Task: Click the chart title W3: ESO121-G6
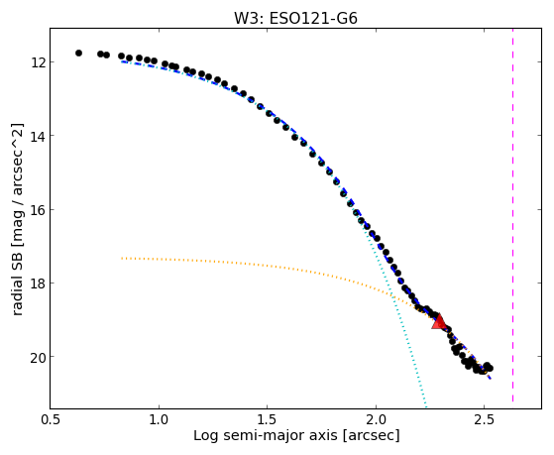(x=295, y=18)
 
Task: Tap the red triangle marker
(x=439, y=321)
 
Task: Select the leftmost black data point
(x=78, y=53)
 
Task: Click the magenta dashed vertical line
(x=512, y=215)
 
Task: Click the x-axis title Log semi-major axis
(x=266, y=435)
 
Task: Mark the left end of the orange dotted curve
(x=122, y=258)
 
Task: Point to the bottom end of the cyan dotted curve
(x=426, y=406)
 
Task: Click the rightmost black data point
(x=490, y=369)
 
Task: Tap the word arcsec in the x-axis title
(x=371, y=436)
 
